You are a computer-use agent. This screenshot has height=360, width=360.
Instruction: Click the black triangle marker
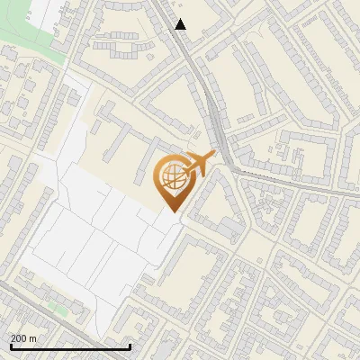(180, 24)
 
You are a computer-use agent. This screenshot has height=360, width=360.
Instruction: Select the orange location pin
(172, 181)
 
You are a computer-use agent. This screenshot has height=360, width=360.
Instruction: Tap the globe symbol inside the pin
(172, 176)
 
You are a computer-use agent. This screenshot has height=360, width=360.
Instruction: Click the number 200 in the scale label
(19, 338)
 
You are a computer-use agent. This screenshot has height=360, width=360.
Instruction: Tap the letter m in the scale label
(33, 338)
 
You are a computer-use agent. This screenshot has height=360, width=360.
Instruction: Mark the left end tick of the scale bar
(11, 346)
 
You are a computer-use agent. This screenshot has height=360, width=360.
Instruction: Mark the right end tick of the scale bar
(130, 346)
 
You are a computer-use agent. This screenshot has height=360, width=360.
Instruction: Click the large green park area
(22, 40)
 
